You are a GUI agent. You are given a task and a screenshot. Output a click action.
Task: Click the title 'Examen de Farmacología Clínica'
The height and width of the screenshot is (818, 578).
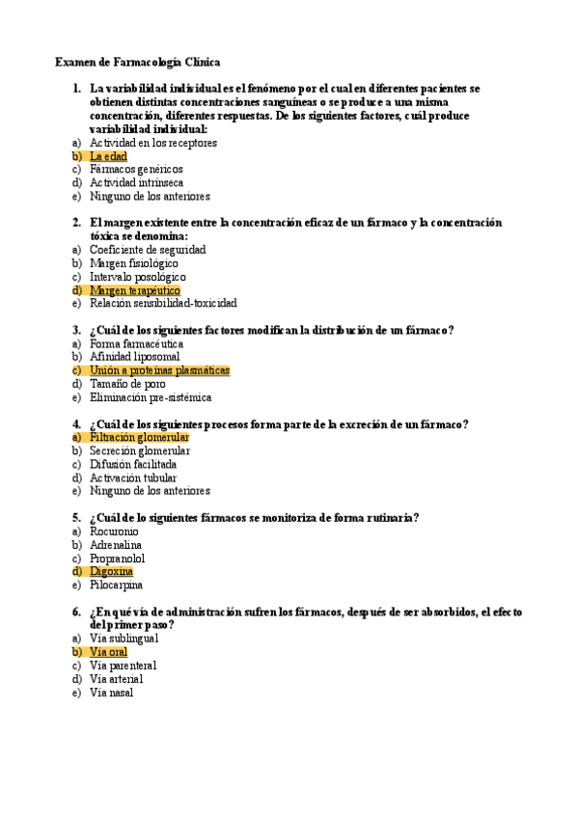click(137, 62)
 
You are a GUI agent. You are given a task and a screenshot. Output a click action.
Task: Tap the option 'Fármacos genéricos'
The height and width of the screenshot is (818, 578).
click(136, 169)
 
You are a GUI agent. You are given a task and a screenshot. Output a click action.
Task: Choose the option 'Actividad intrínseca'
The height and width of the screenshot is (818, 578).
click(136, 182)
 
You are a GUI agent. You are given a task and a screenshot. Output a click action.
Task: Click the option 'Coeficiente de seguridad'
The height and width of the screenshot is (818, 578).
click(147, 249)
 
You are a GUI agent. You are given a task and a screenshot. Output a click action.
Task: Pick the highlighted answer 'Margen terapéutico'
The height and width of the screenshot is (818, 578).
click(134, 289)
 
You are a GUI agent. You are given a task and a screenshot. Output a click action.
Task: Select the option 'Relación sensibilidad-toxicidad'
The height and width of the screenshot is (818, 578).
click(162, 303)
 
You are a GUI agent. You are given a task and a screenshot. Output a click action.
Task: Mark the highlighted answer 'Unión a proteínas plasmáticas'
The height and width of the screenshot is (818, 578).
click(159, 369)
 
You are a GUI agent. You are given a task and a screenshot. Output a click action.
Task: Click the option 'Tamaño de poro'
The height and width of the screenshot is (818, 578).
click(127, 383)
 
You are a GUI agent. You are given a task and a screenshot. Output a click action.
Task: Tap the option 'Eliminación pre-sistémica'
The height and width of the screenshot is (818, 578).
click(150, 396)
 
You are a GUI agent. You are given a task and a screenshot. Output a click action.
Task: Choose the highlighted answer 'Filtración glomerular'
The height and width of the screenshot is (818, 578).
click(139, 437)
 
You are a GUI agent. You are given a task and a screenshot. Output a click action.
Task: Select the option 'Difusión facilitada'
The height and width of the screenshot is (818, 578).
click(133, 464)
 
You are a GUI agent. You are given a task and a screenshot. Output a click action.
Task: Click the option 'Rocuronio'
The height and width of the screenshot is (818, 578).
click(114, 531)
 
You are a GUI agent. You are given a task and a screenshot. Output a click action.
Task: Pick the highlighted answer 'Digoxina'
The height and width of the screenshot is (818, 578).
click(111, 571)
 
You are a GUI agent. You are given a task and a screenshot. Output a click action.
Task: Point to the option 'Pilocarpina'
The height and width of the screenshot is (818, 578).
click(116, 585)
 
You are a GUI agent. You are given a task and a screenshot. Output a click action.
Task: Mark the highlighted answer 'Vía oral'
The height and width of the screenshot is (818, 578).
click(108, 652)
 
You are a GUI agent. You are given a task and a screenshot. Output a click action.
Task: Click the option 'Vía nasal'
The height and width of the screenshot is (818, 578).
click(111, 692)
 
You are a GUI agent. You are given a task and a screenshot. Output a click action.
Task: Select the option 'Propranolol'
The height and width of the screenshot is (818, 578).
click(117, 558)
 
